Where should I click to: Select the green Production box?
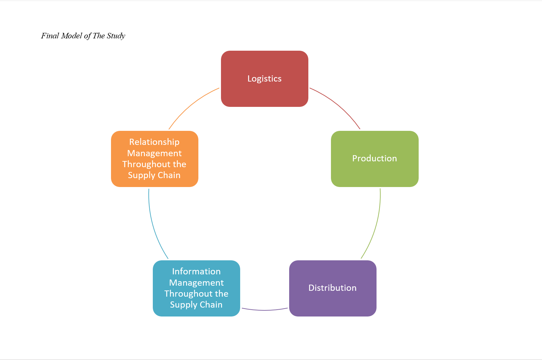click(x=374, y=173)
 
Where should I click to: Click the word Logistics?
click(x=264, y=79)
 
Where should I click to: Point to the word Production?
click(x=374, y=159)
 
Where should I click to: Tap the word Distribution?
click(x=332, y=288)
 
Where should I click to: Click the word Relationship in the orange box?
click(x=154, y=142)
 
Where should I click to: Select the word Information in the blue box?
click(x=196, y=271)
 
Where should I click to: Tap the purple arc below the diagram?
click(x=264, y=310)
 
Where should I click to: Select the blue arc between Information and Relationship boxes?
click(x=154, y=226)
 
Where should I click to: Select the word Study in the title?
click(x=116, y=36)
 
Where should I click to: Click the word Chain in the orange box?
click(x=169, y=175)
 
